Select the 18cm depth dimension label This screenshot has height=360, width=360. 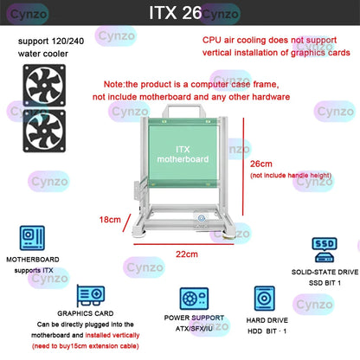(x=109, y=220)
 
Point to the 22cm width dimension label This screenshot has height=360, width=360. (x=187, y=254)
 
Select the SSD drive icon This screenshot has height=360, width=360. (x=325, y=249)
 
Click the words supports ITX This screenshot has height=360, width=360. (x=34, y=269)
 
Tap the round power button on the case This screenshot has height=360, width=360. (x=201, y=221)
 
